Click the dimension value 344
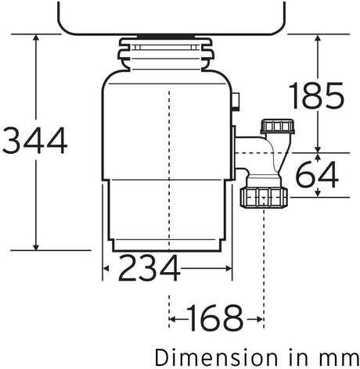[x=34, y=141]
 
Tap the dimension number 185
[x=316, y=95]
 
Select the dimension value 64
[x=318, y=174]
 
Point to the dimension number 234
[x=149, y=268]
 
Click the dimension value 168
[x=214, y=318]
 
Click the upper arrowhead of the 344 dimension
[x=36, y=37]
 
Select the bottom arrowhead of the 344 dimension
[x=36, y=247]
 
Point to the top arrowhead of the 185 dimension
[x=318, y=38]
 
